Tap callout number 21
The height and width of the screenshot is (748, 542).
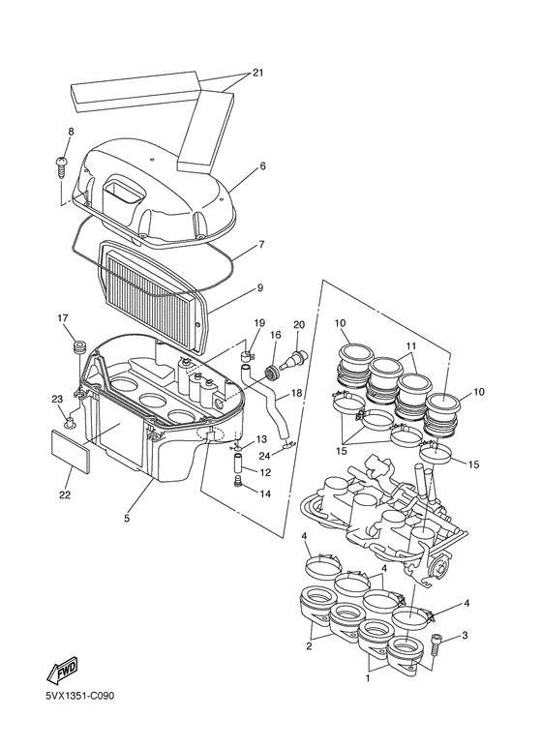point(258,73)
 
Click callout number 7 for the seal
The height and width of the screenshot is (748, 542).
point(261,244)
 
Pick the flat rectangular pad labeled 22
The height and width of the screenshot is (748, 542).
point(71,451)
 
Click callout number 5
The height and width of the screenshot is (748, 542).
point(127,518)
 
